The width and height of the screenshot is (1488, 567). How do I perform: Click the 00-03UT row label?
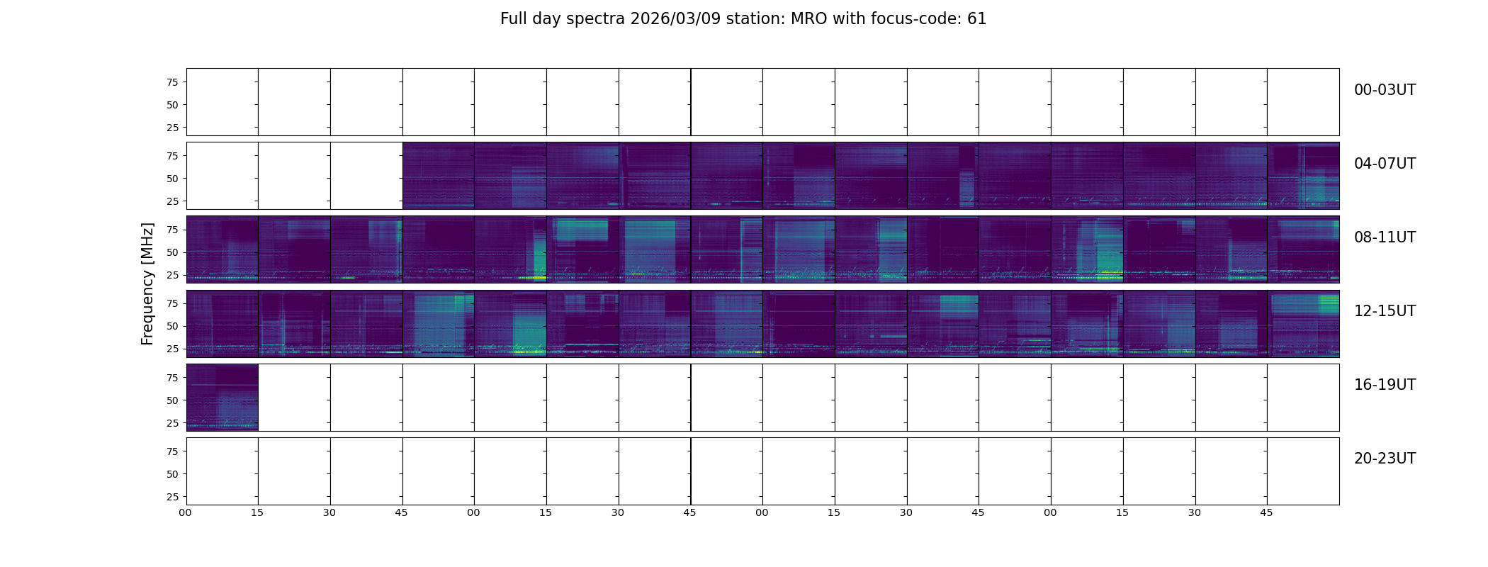1385,90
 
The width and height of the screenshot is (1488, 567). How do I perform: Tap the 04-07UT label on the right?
1385,164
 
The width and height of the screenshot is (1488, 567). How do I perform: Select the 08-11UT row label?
1385,237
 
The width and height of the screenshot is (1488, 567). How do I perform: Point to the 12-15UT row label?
1385,311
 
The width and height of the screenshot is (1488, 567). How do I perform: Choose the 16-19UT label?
1385,385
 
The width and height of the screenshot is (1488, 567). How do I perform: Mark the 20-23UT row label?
1385,459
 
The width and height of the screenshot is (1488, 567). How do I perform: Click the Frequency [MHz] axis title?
147,284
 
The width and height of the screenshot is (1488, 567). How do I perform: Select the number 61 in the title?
977,19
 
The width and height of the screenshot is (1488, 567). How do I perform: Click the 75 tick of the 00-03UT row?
172,82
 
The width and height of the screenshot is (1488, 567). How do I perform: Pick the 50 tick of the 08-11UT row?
172,252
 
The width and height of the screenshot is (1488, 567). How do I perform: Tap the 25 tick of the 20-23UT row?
172,497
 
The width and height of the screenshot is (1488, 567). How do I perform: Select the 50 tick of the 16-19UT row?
172,400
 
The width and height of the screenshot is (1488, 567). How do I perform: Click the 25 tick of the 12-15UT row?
172,349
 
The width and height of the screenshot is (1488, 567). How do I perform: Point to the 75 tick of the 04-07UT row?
172,156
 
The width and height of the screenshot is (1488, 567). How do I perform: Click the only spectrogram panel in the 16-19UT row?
222,398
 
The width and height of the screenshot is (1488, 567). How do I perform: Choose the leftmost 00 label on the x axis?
185,512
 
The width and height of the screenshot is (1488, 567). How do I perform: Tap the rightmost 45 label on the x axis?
1266,512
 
